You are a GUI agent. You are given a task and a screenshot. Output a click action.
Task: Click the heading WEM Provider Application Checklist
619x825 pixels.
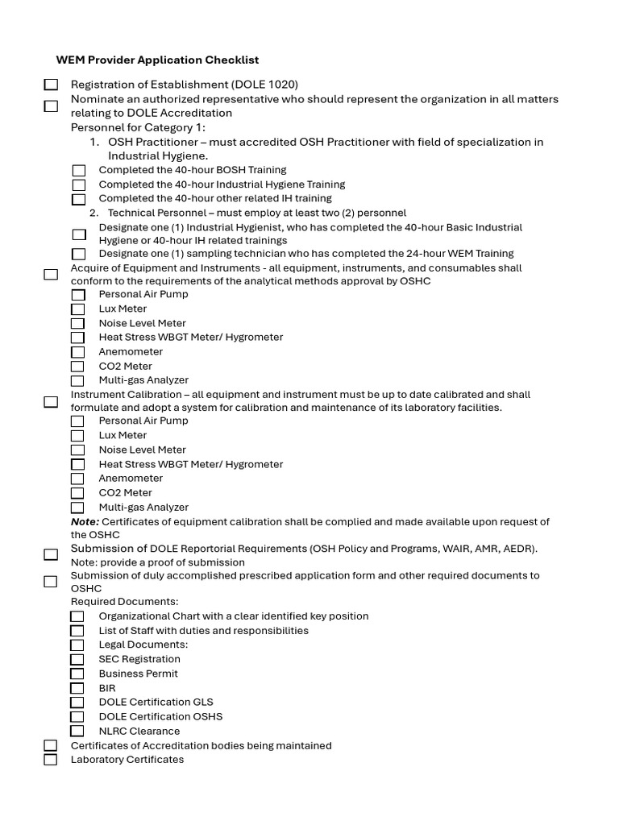[x=157, y=60]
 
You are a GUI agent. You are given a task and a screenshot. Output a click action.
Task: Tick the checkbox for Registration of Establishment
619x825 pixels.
[x=51, y=85]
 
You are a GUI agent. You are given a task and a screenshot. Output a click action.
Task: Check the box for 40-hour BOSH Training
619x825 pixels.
[x=78, y=171]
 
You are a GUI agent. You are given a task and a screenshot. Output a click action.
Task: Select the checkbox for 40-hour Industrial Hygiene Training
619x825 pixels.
[x=78, y=185]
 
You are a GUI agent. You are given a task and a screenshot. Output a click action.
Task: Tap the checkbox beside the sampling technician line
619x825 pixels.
[x=78, y=254]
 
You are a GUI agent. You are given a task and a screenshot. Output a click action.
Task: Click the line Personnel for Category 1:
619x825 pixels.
[x=138, y=127]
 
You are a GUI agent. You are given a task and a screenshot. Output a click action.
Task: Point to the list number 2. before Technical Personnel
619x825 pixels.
[x=94, y=213]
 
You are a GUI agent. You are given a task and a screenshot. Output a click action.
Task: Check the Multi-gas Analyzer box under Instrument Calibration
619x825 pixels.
[x=77, y=508]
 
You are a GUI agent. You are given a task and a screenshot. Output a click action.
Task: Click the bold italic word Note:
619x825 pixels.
[x=85, y=522]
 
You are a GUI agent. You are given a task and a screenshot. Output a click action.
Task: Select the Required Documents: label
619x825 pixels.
[x=124, y=602]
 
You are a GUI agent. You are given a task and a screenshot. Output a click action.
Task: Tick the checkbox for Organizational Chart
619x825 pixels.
[x=77, y=616]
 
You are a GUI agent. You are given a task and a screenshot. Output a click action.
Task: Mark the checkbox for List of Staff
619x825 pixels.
[x=77, y=631]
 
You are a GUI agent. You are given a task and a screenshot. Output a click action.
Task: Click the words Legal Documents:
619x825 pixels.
[x=143, y=645]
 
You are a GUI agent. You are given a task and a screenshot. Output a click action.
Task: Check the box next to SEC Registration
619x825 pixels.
[x=77, y=659]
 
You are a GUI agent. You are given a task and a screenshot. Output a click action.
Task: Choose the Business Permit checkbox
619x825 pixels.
[x=77, y=674]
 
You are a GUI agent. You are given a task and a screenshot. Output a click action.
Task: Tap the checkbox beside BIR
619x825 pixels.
[x=77, y=688]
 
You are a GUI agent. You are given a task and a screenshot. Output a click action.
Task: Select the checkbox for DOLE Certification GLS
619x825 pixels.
[x=77, y=703]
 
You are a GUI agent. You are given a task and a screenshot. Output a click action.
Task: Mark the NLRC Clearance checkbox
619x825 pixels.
[x=77, y=731]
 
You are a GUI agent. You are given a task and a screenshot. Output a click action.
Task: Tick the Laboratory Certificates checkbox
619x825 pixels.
[x=51, y=760]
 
